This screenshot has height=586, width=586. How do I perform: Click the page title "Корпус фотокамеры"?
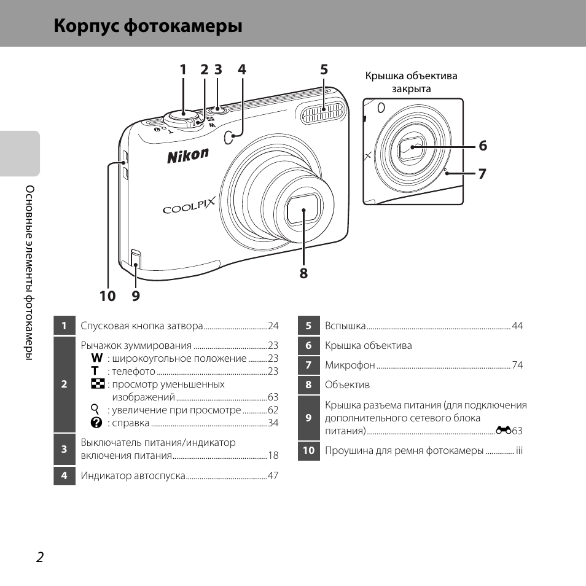pos(147,27)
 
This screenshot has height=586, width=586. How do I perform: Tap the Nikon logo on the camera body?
pos(188,156)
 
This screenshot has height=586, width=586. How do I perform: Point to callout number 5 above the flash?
pos(324,70)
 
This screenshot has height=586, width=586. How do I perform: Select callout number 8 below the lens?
pos(303,273)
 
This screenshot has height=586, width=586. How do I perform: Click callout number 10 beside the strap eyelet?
pos(107,296)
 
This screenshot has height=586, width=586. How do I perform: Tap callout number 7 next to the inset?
pos(482,174)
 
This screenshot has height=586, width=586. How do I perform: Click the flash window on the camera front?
pos(323,111)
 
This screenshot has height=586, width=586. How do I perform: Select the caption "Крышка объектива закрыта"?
pos(411,82)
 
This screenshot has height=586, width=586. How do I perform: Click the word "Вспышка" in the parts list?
pos(345,326)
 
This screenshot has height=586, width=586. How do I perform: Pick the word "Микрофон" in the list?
pos(350,365)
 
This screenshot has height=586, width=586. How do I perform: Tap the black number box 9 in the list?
pos(308,418)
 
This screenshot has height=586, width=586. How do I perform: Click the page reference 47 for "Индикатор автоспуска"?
pos(273,475)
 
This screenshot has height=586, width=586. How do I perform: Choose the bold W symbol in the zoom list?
pos(96,358)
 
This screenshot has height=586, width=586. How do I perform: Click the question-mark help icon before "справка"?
pos(96,423)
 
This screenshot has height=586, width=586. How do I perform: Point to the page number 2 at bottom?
pos(40,557)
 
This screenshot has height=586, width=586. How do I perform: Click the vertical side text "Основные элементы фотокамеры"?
pos(28,273)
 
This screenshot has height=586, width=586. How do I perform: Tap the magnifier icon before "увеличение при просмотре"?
pos(95,410)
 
